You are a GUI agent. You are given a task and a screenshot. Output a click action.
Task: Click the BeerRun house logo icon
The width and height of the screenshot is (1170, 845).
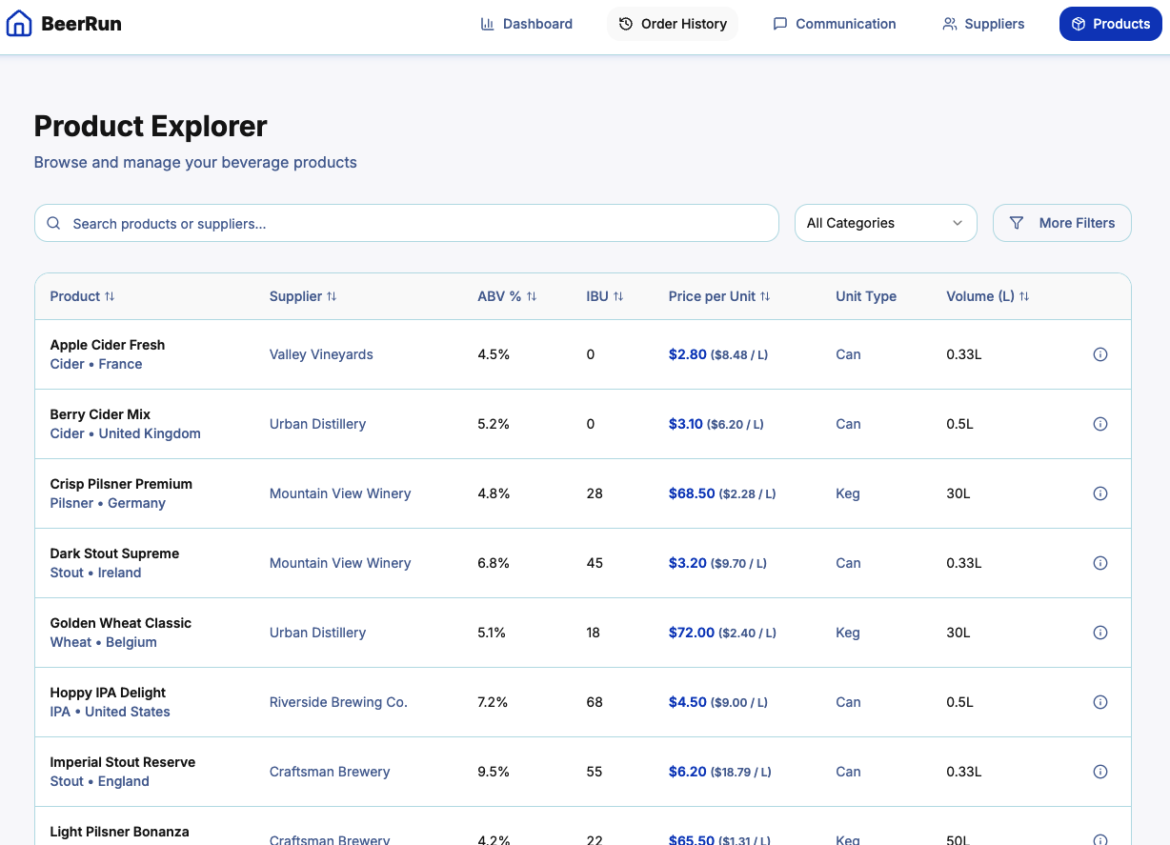click(19, 24)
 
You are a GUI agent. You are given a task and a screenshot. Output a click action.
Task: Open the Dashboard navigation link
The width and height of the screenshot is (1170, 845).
click(526, 24)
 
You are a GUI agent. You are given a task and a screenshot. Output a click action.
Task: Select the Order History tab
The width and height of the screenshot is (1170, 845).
click(673, 24)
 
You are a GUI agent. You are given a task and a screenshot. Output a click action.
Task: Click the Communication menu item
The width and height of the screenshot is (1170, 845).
click(834, 24)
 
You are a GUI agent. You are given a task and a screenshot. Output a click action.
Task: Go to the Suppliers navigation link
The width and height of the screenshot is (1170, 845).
click(983, 24)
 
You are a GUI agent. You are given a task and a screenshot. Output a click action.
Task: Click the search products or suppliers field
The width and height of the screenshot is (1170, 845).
click(407, 223)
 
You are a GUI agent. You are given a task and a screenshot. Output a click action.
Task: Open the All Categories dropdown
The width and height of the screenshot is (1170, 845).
click(885, 223)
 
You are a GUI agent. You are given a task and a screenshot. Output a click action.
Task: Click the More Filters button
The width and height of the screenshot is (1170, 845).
click(1061, 223)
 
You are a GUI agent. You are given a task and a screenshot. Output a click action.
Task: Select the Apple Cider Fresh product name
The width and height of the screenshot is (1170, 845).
click(108, 345)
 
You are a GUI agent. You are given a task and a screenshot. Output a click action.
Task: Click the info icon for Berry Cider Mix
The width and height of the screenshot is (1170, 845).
click(1099, 424)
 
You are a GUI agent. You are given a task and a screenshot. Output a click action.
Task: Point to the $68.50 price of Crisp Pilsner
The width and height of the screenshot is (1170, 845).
click(692, 493)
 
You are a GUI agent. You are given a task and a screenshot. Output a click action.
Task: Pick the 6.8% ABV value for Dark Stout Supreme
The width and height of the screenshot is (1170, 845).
click(494, 563)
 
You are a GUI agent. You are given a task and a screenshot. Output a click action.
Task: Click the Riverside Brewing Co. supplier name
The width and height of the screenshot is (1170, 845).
click(338, 702)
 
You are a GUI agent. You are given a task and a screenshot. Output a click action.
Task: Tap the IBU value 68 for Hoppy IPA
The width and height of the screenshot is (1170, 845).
click(595, 702)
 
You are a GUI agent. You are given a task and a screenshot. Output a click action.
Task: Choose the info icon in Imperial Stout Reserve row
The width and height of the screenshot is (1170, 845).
click(1099, 772)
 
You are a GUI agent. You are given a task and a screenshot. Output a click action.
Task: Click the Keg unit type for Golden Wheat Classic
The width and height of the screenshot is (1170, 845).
click(847, 633)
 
